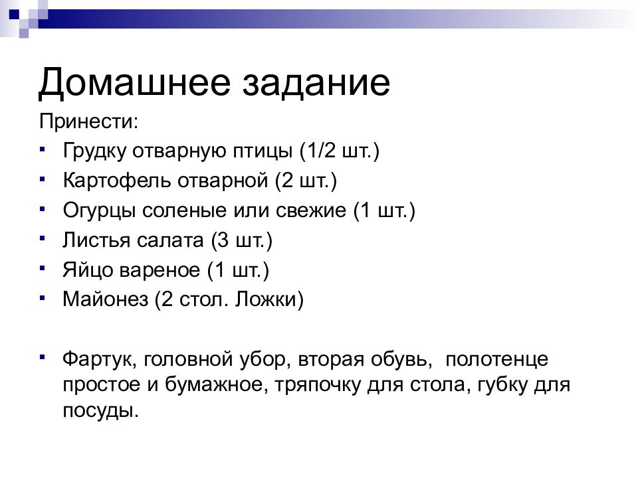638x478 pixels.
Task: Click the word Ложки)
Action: click(269, 301)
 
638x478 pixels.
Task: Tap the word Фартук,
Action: click(100, 360)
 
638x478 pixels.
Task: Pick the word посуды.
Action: click(101, 410)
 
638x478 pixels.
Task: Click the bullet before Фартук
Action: click(43, 357)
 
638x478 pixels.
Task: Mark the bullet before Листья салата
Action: click(43, 237)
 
